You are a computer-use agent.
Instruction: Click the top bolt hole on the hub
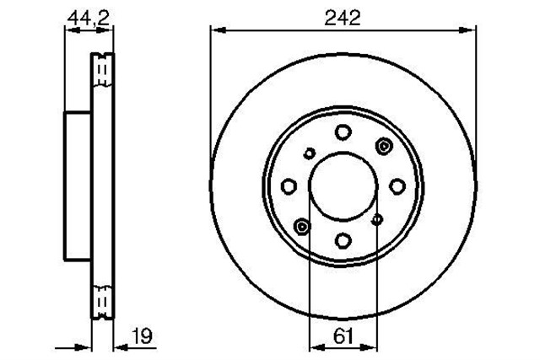click(x=343, y=132)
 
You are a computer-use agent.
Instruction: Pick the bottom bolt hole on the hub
click(x=343, y=239)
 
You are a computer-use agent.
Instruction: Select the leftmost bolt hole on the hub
click(x=289, y=185)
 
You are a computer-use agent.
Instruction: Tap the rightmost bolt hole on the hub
click(x=397, y=185)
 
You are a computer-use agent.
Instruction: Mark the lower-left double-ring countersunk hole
click(x=301, y=225)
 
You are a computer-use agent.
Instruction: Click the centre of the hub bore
click(x=343, y=185)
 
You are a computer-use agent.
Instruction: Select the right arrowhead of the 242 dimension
click(x=469, y=31)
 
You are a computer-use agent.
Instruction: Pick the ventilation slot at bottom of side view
click(x=101, y=298)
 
